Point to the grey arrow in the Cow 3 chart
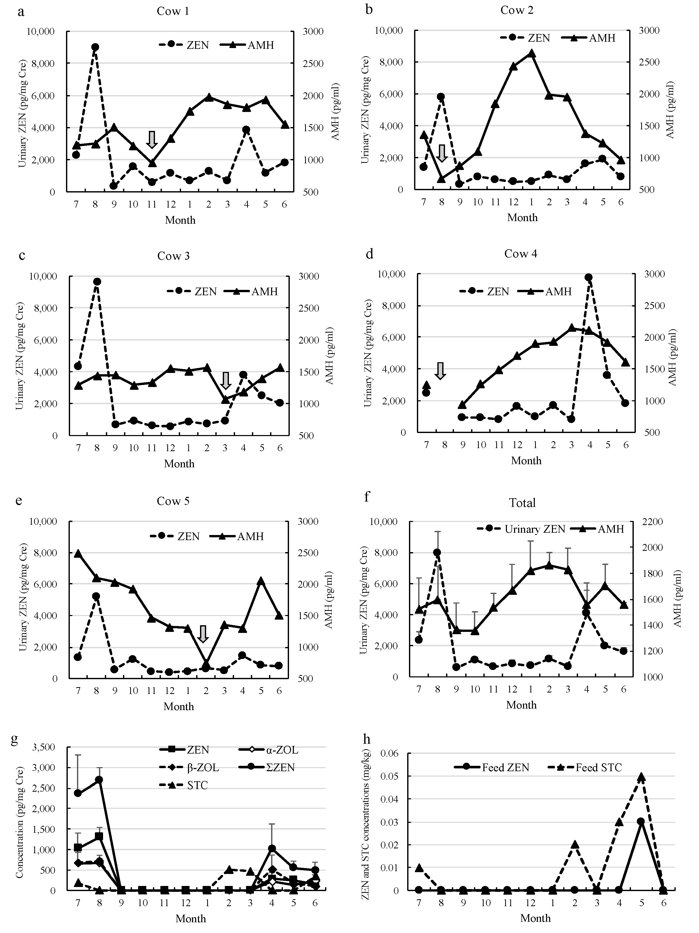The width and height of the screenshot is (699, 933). pos(226,380)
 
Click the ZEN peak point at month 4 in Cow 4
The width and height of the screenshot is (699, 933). pos(589,277)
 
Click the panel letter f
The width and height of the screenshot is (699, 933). pos(367,496)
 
